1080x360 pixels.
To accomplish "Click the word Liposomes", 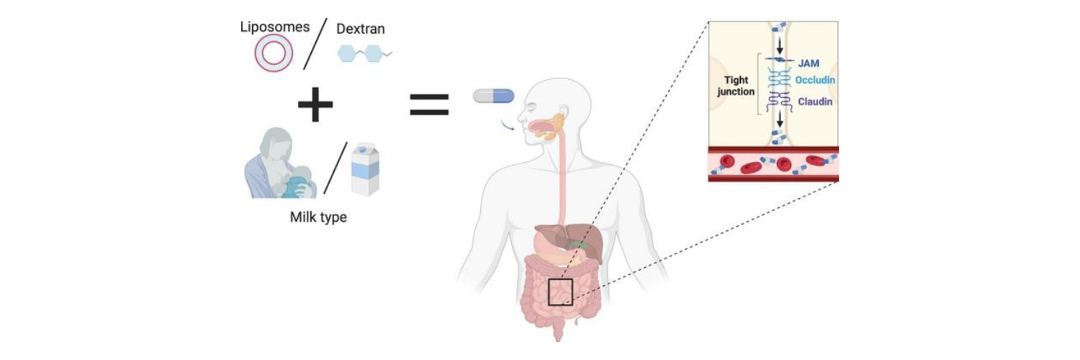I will pos(274,27).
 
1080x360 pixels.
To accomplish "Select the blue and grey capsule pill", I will pos(493,96).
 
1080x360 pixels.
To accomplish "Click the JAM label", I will pos(809,64).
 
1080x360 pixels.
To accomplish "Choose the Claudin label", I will pos(815,102).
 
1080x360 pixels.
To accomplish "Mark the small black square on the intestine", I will pos(560,292).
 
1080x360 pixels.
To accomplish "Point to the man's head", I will pos(551,112).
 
